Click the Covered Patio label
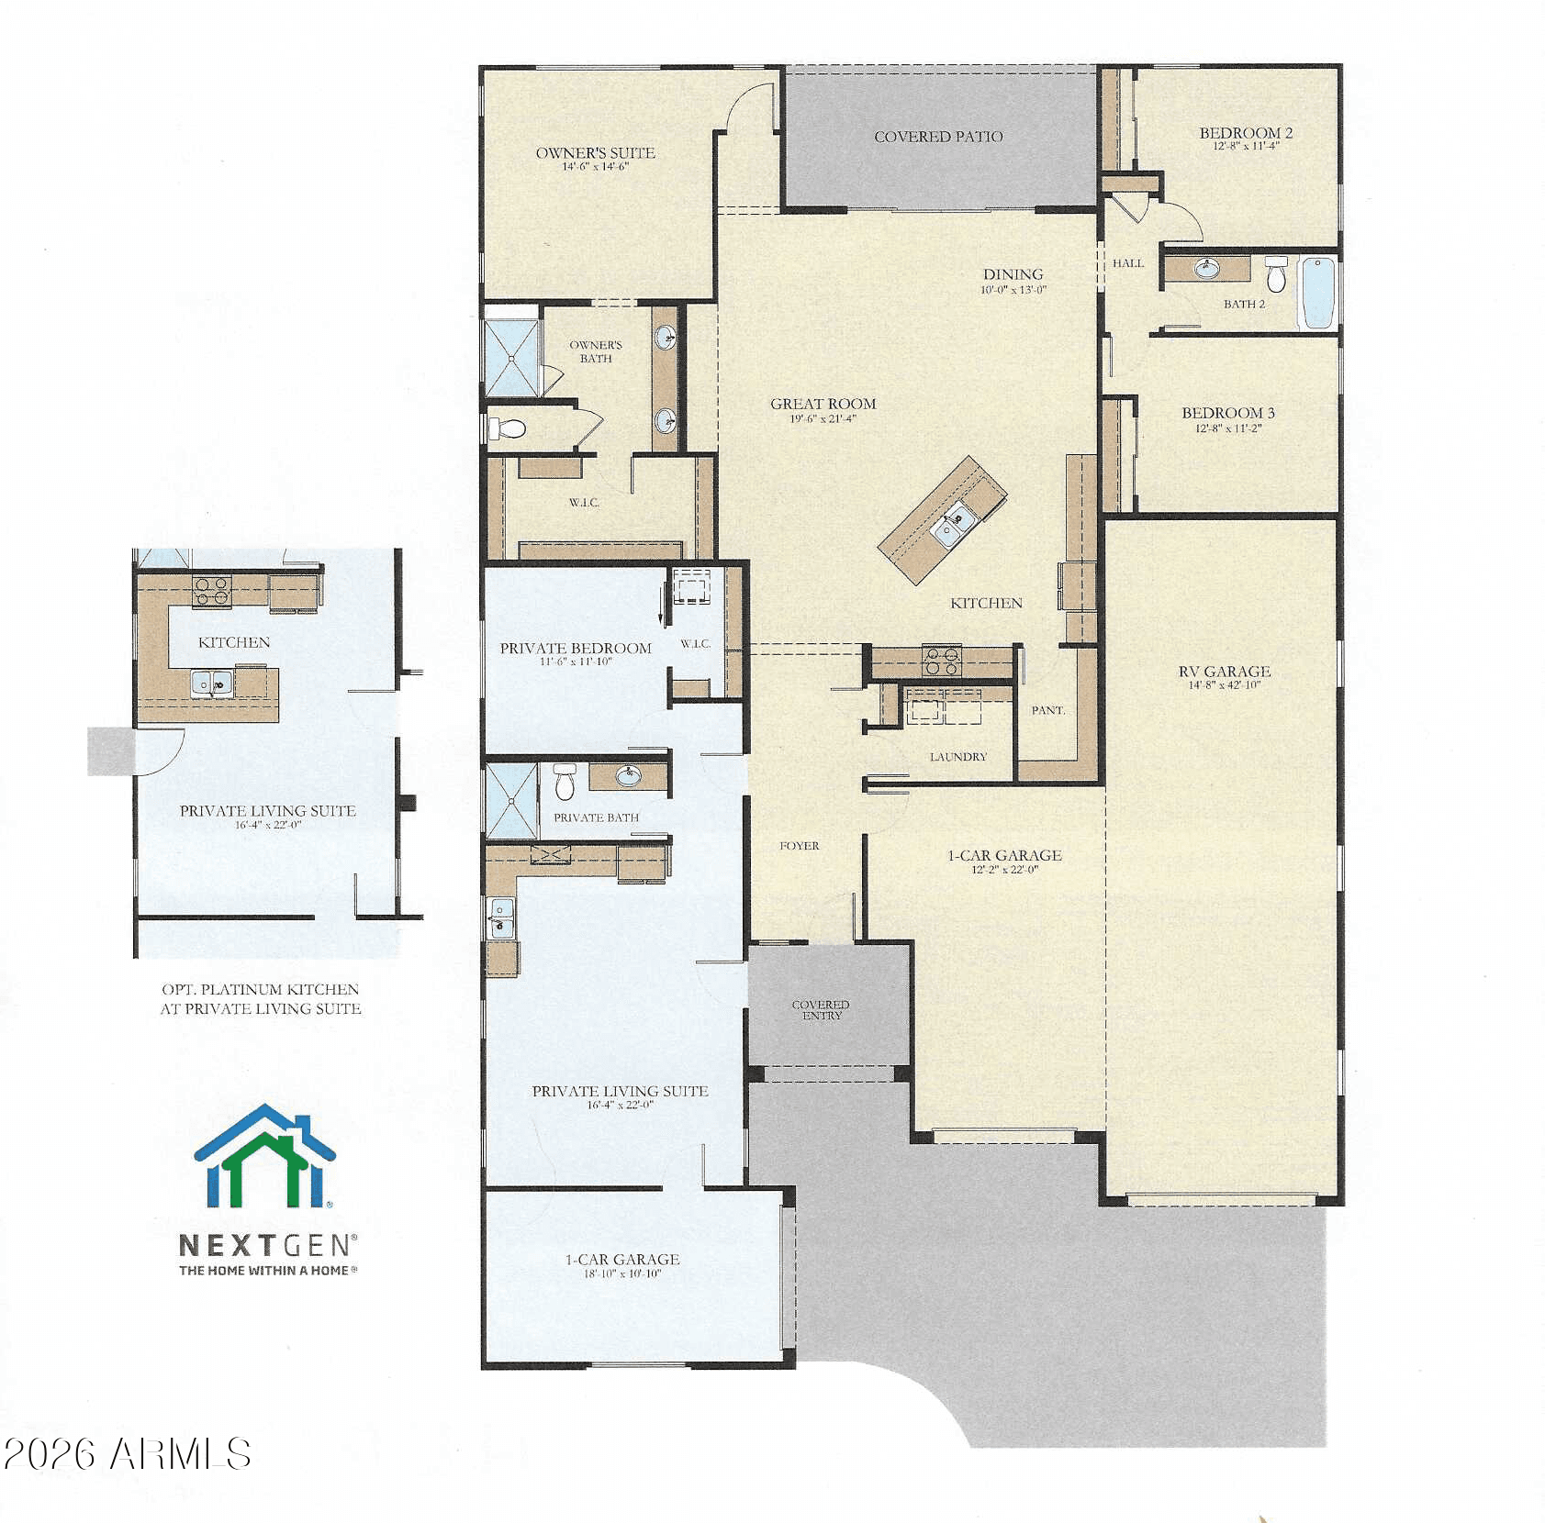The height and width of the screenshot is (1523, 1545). [x=938, y=137]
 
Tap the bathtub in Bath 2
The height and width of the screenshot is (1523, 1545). [x=1317, y=293]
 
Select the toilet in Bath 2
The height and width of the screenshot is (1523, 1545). [x=1276, y=273]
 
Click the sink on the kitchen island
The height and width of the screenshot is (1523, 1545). [x=948, y=525]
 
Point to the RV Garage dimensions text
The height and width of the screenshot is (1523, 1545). [x=1225, y=685]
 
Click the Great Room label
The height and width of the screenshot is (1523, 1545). [x=823, y=404]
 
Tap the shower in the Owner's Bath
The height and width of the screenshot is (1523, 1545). [x=511, y=358]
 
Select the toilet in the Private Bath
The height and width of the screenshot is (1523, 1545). [x=564, y=781]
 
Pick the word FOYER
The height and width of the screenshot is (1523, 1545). [x=800, y=846]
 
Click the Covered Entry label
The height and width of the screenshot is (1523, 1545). [x=821, y=1010]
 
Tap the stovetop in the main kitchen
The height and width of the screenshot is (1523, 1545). [x=941, y=661]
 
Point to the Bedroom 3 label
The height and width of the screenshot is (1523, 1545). [x=1228, y=413]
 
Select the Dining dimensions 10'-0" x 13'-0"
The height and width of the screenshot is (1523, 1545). [x=1013, y=290]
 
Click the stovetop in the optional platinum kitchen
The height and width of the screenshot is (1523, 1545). [x=212, y=590]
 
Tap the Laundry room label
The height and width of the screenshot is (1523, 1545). [x=957, y=757]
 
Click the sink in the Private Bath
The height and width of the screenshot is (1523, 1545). [x=628, y=776]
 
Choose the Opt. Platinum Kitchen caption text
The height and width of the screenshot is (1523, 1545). [x=261, y=999]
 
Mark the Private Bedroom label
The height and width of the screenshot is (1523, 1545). [x=576, y=648]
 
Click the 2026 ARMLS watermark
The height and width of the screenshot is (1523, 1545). [x=127, y=1454]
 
